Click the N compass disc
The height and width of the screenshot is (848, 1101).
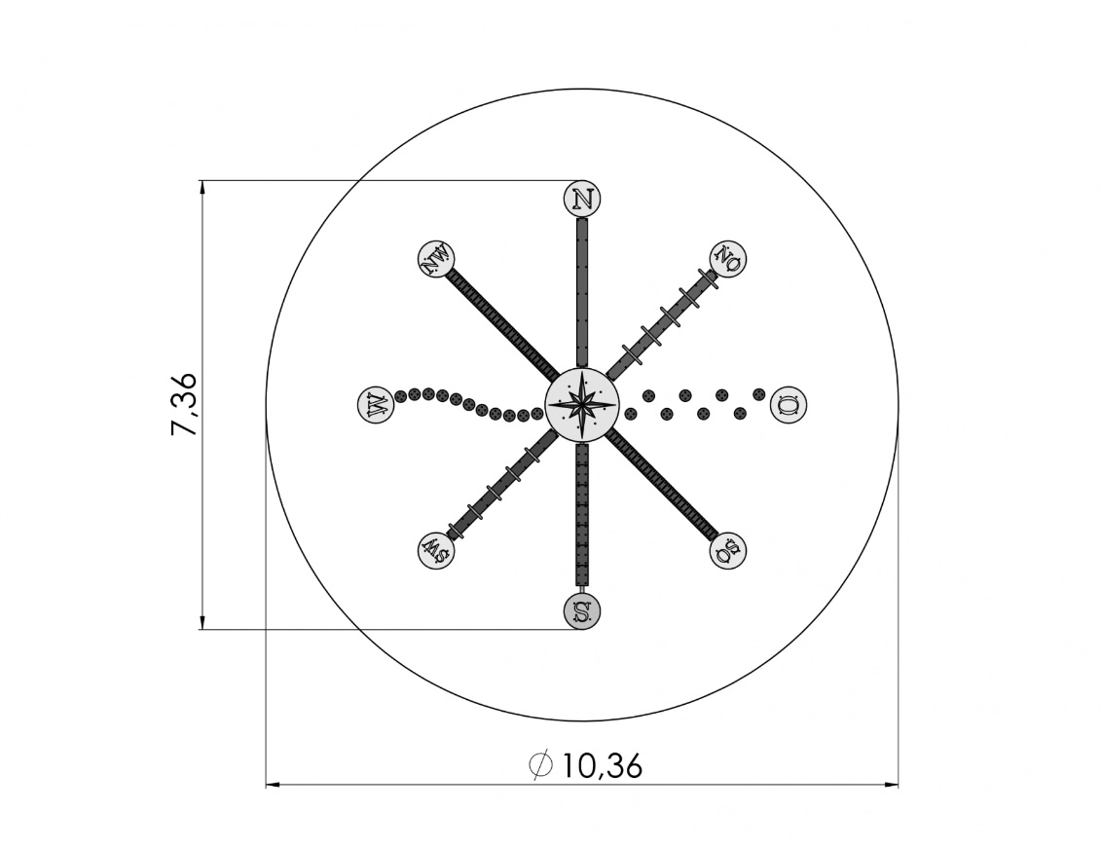(x=582, y=200)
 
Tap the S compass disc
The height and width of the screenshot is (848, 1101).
(x=582, y=611)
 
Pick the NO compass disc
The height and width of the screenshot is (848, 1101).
(x=728, y=259)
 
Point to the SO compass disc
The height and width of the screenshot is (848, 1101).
(x=728, y=550)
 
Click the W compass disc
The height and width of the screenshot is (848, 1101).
(x=376, y=405)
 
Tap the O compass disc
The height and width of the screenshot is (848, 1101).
(x=789, y=405)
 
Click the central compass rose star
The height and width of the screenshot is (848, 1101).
(x=582, y=405)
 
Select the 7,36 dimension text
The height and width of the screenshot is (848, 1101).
(x=185, y=405)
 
